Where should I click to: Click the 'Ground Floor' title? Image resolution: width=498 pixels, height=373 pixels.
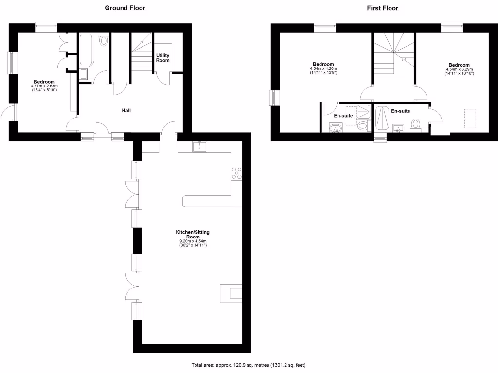click(125, 8)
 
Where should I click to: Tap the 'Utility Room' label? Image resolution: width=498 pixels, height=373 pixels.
click(162, 58)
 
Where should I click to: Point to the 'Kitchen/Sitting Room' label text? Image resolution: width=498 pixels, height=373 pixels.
click(193, 235)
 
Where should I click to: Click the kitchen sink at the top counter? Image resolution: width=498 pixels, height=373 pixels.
click(200, 146)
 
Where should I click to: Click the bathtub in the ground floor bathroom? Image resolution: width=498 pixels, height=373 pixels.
click(88, 49)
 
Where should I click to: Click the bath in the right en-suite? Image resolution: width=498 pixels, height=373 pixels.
click(383, 118)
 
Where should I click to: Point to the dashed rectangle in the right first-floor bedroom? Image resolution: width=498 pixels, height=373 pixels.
click(470, 118)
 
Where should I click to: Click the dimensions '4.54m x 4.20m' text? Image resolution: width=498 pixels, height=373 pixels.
click(323, 69)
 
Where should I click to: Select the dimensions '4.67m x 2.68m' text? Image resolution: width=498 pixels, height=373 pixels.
click(44, 86)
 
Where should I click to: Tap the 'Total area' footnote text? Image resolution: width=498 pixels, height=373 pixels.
click(249, 365)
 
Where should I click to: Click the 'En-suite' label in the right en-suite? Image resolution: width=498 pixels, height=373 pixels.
click(401, 111)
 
